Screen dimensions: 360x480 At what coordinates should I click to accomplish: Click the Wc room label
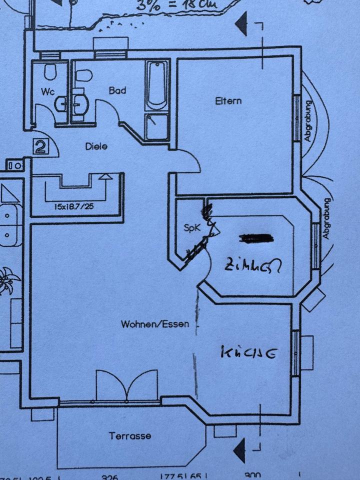pos(48,91)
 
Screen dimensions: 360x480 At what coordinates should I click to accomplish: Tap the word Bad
pos(117,90)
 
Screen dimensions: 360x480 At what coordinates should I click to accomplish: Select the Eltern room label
pos(228,100)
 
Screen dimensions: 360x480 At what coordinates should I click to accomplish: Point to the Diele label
pos(96,146)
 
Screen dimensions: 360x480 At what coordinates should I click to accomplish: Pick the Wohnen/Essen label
pos(155,324)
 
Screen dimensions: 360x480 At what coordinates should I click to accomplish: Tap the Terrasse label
pos(130,436)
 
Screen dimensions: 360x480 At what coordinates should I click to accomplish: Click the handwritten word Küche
pos(248,353)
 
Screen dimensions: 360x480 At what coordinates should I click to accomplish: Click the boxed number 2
pos(41,146)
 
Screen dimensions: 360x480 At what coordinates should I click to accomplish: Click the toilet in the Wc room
pos(49,72)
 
